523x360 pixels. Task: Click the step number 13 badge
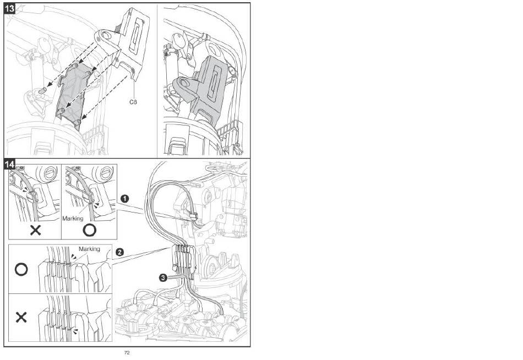pyautogui.click(x=9, y=8)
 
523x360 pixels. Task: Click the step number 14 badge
pyautogui.click(x=9, y=164)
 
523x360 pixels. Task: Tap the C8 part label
pyautogui.click(x=133, y=102)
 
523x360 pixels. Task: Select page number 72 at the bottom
pyautogui.click(x=127, y=353)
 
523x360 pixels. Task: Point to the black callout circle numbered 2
pyautogui.click(x=119, y=252)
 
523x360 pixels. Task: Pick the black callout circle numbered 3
pyautogui.click(x=163, y=277)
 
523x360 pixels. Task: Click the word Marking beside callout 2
pyautogui.click(x=89, y=249)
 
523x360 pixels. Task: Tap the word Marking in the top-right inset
pyautogui.click(x=73, y=219)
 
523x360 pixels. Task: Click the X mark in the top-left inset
pyautogui.click(x=35, y=230)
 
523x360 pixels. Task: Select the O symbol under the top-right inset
pyautogui.click(x=89, y=230)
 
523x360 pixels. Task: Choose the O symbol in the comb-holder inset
pyautogui.click(x=21, y=270)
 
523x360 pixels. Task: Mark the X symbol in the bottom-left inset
pyautogui.click(x=21, y=317)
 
